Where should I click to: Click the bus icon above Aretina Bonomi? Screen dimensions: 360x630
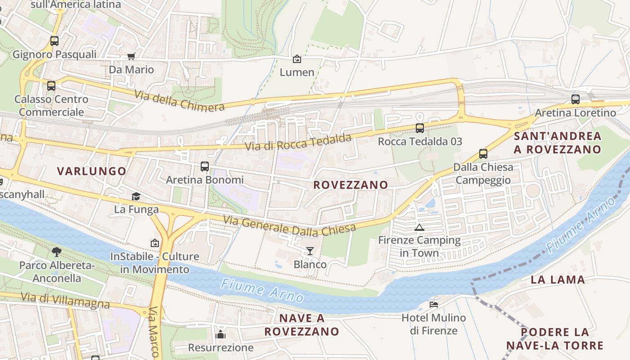(205, 166)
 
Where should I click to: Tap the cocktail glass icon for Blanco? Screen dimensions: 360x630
(310, 251)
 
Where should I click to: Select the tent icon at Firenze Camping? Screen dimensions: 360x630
(419, 227)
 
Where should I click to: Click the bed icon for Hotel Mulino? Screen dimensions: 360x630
(434, 304)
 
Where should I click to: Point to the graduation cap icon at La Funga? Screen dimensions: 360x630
(136, 196)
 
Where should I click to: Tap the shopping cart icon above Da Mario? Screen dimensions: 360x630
(131, 56)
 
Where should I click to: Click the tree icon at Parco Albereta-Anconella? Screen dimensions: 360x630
(56, 252)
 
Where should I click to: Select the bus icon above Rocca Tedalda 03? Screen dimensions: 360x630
(420, 128)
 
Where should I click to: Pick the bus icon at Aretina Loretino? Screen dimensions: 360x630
(575, 99)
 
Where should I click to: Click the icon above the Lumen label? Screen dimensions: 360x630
(297, 59)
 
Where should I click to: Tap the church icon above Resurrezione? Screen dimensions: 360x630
(220, 334)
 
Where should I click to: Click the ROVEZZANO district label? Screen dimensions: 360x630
(351, 185)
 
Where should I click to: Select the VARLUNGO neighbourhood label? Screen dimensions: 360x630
(92, 171)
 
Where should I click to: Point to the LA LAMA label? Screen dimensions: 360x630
(558, 279)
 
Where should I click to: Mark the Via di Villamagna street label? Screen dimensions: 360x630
(65, 301)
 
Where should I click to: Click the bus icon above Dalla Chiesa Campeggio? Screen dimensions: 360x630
(483, 154)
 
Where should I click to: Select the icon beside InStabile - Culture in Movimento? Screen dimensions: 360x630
(155, 243)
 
